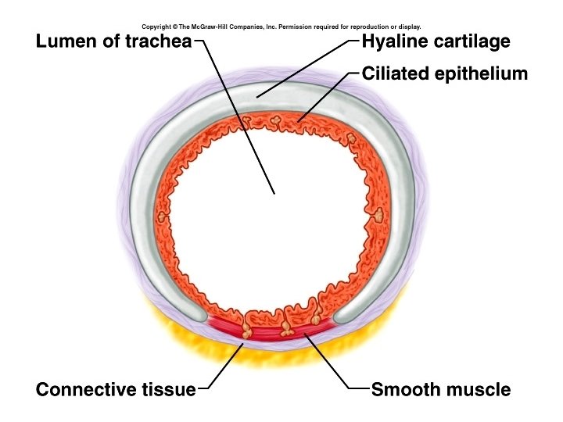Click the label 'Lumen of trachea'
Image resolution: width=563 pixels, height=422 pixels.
coord(113,41)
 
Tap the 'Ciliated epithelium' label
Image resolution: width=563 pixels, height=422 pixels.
coord(445,74)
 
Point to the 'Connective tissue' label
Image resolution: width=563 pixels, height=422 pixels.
coord(116,389)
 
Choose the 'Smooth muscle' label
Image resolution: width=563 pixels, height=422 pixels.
coord(441,389)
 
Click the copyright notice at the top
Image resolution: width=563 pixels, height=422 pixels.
coord(281,26)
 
